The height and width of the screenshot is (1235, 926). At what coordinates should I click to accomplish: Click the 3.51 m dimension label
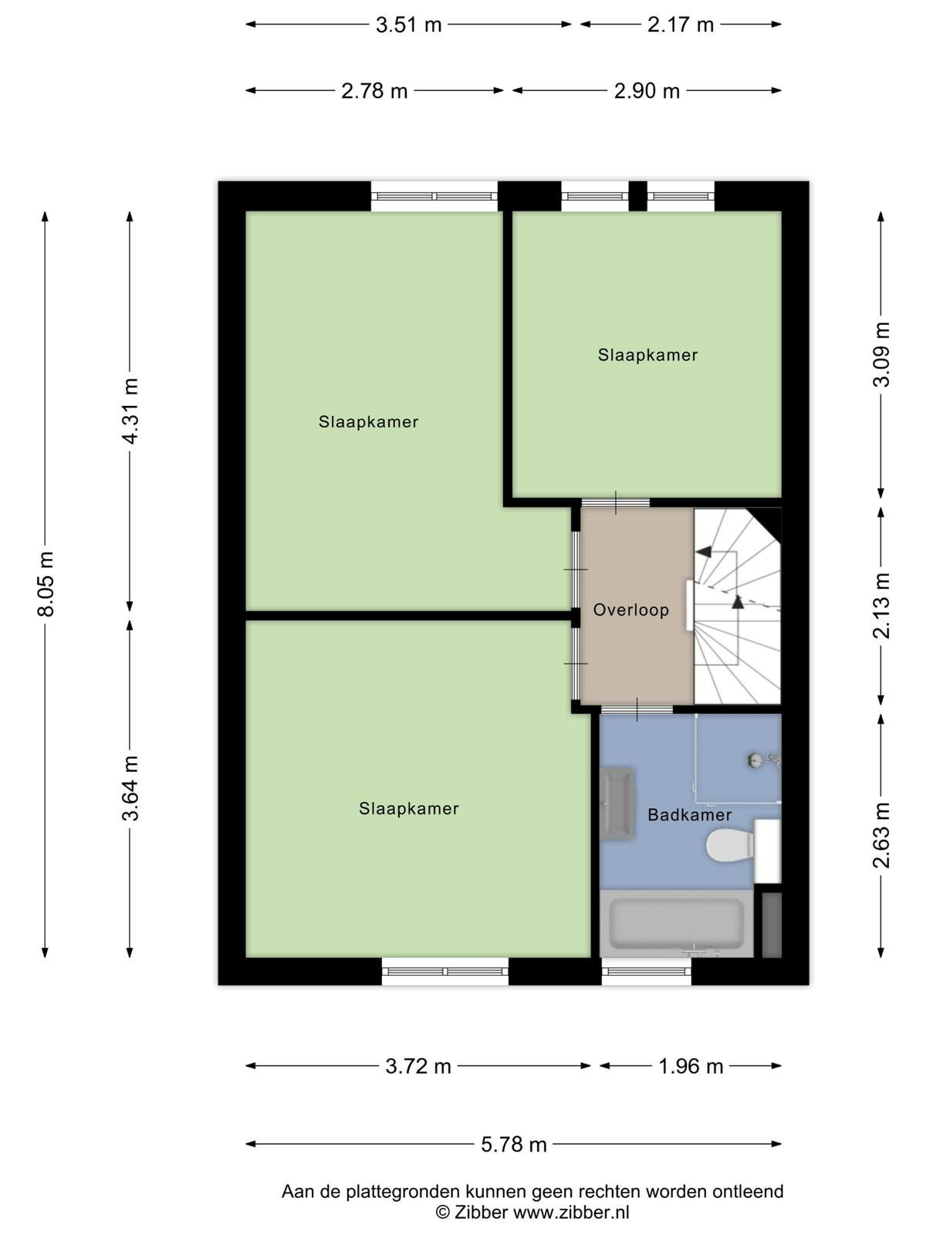coord(408,25)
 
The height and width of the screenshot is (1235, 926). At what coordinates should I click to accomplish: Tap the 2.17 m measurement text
coord(681,25)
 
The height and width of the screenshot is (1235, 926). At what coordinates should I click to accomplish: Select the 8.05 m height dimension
coord(46,584)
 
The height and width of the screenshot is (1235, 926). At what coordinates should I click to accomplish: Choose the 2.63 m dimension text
coord(881,835)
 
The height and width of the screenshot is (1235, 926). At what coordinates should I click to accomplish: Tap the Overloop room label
coord(630,610)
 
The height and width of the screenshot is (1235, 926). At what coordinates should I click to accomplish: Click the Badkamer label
coord(689,814)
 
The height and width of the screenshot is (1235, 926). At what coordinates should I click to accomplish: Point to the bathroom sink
coord(617,804)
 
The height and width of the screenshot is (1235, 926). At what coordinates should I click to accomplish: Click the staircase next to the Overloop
coord(738,606)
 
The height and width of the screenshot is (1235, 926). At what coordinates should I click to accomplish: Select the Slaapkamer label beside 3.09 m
coord(647,355)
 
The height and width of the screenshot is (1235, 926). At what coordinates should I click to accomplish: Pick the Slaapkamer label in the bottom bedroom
coord(409,808)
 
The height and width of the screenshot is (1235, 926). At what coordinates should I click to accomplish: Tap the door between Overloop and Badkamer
coord(637,709)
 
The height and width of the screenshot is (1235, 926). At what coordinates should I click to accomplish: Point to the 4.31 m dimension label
coord(130,411)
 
